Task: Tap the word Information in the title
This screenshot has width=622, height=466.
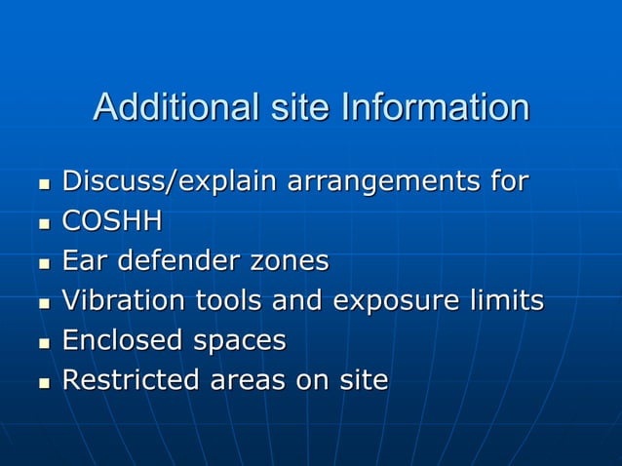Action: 434,107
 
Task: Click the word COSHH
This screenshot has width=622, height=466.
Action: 111,221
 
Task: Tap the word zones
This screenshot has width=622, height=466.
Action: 289,261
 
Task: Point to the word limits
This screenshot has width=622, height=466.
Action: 507,301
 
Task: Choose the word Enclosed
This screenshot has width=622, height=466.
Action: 122,340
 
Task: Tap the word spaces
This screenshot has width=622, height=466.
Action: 239,341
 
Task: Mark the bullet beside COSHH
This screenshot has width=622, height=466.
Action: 43,223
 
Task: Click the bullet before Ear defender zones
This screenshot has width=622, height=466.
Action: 43,263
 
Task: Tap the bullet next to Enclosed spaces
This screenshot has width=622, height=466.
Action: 43,342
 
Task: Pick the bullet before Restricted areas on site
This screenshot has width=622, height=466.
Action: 43,382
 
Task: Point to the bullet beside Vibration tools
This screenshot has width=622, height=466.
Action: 43,303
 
